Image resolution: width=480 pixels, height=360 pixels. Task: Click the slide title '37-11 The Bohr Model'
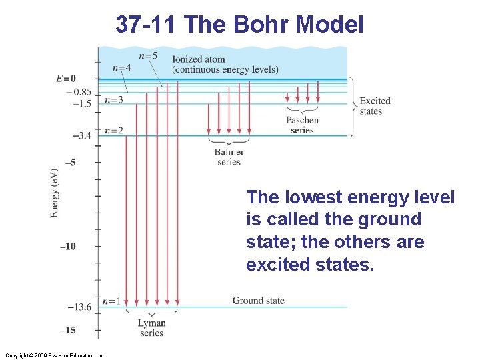[239, 25]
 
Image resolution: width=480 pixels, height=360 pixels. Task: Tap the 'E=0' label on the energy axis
[66, 79]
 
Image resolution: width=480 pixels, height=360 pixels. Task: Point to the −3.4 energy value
[81, 136]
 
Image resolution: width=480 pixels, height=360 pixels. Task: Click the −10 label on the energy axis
[67, 247]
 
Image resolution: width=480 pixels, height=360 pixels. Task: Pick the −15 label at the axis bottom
[67, 331]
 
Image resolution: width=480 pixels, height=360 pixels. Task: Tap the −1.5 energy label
[83, 104]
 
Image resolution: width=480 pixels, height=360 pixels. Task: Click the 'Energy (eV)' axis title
[55, 193]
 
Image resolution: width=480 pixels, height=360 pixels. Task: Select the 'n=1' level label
[113, 301]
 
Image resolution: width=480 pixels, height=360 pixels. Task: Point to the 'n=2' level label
[113, 130]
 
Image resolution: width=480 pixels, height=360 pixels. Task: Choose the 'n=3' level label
[113, 100]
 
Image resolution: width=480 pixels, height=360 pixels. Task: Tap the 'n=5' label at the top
[148, 55]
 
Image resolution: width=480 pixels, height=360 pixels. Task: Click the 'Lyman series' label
[151, 328]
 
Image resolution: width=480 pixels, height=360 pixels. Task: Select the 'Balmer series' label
[229, 157]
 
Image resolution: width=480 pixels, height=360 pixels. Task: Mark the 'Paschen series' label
[302, 125]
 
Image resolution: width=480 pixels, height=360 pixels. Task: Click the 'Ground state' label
[258, 301]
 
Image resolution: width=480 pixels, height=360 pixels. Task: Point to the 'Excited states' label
[375, 106]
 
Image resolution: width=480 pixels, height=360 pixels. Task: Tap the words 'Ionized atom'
[198, 59]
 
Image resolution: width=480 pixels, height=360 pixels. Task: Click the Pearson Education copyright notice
[54, 355]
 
